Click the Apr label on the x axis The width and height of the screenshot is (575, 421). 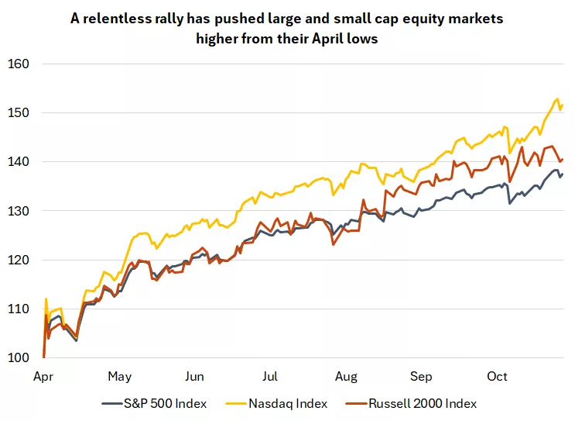[x=44, y=377]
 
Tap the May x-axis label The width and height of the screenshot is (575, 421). [x=119, y=377]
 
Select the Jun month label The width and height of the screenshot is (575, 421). [x=195, y=377]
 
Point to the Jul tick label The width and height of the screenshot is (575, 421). [x=270, y=377]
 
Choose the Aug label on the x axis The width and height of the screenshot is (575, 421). [x=346, y=377]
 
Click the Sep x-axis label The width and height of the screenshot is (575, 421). [x=421, y=377]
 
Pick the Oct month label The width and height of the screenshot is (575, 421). [x=497, y=377]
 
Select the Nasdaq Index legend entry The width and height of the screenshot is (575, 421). [x=287, y=403]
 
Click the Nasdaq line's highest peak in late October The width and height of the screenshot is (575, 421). [x=557, y=99]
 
